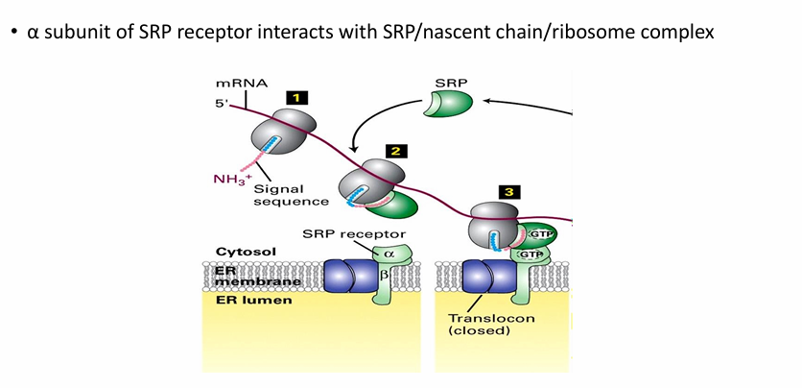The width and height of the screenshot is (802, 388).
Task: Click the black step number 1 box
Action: tap(297, 97)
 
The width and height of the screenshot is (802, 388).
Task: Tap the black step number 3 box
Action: tap(513, 192)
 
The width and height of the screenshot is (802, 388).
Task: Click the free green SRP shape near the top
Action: tap(444, 105)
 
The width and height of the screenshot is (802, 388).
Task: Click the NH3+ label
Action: tap(231, 179)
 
